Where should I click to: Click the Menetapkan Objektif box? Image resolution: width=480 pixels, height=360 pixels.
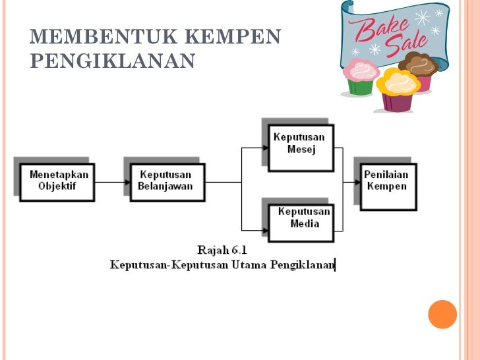57,181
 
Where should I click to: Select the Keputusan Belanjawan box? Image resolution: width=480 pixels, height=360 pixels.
165,181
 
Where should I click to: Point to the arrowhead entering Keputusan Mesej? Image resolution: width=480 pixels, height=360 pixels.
265,148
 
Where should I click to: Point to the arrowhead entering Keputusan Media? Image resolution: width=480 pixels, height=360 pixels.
265,229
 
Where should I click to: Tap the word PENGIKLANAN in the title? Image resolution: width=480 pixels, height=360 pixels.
113,61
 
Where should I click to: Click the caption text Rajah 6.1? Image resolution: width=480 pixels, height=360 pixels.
222,250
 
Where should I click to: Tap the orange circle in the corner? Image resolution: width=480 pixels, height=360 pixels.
442,314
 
